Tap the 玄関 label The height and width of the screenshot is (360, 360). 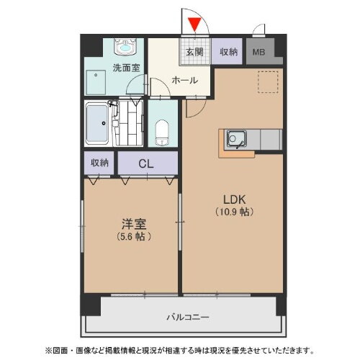(194, 52)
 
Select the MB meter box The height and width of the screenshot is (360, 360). (258, 52)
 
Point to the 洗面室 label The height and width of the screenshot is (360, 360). (125, 69)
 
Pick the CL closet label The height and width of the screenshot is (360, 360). (146, 163)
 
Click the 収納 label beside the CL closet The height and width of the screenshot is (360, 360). (99, 163)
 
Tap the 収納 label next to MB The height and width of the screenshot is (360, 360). (229, 52)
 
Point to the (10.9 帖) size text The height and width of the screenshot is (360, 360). (233, 212)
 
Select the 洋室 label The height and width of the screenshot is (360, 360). (130, 223)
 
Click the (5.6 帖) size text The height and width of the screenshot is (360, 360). (130, 236)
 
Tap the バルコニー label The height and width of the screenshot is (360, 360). (187, 316)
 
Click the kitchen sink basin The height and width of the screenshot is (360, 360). (235, 137)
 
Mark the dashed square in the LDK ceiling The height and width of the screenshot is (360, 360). (266, 83)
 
